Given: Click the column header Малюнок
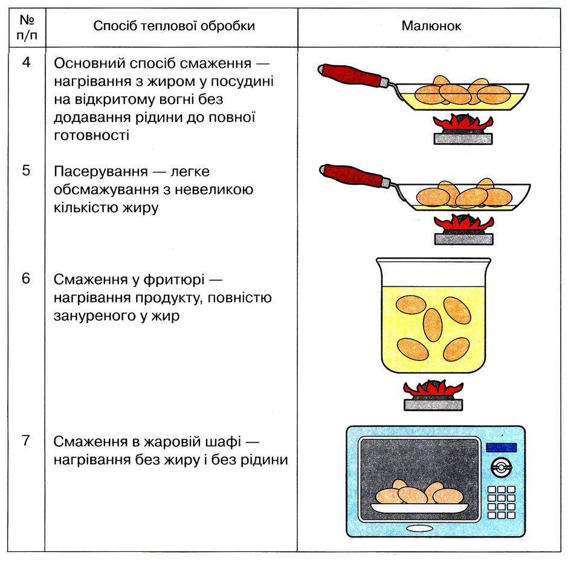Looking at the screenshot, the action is pos(431,26).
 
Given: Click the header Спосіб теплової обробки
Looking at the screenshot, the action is pos(174,26).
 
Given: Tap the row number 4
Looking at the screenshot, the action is pos(26,62).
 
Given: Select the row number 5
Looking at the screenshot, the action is pos(26,170).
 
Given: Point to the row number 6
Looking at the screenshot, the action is pos(26,278).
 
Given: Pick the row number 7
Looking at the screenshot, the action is pos(26,440).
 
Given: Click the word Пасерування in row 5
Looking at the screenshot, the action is pos(101,172).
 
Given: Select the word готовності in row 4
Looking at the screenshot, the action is pos(91,135).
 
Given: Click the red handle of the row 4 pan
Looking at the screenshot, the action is pos(350,75).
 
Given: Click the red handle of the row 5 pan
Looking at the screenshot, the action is pos(352,175).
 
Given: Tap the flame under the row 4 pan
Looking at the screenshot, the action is pos(463,123).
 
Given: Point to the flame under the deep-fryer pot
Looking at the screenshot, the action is pos(433,389).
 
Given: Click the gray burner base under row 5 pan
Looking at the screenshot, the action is pos(463,239).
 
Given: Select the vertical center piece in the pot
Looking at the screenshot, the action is pos(433,325).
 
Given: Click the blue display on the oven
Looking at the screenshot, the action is pos(501,447).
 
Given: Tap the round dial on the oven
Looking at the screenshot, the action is pos(502,467).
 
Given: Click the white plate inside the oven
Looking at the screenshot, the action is pos(420,508).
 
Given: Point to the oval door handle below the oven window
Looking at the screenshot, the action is pos(419,529).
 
